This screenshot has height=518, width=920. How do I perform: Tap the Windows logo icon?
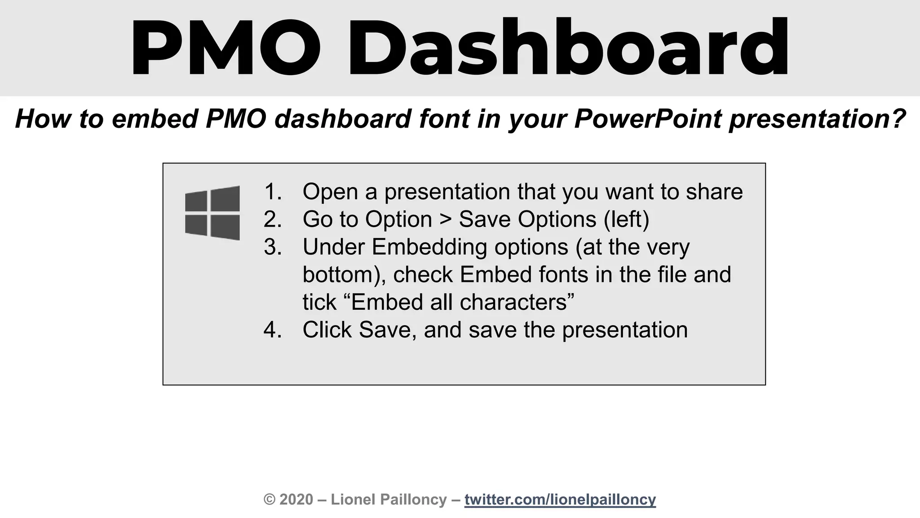[x=212, y=213]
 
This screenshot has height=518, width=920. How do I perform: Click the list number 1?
[x=272, y=192]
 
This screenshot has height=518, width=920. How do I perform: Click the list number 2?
[x=272, y=220]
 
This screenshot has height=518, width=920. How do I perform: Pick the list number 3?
[x=272, y=247]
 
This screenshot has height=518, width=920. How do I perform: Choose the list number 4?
[x=272, y=330]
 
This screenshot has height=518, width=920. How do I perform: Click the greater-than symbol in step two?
[x=445, y=220]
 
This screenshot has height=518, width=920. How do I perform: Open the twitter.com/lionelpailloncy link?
[x=560, y=500]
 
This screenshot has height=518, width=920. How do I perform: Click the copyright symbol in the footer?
[x=270, y=500]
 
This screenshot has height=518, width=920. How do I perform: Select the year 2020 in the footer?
[x=296, y=500]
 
